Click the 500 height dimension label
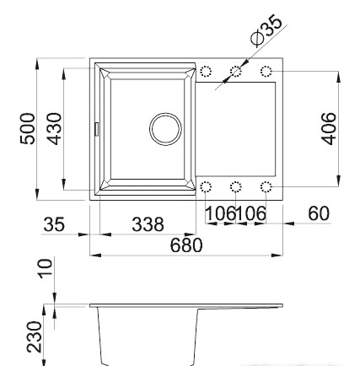[28, 129]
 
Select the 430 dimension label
[54, 129]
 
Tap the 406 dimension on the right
[328, 129]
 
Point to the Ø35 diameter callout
[266, 30]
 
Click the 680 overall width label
[186, 245]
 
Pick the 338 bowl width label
[148, 224]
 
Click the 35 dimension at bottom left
[54, 224]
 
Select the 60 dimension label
[319, 213]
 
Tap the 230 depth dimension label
[35, 337]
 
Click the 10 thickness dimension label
[46, 269]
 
